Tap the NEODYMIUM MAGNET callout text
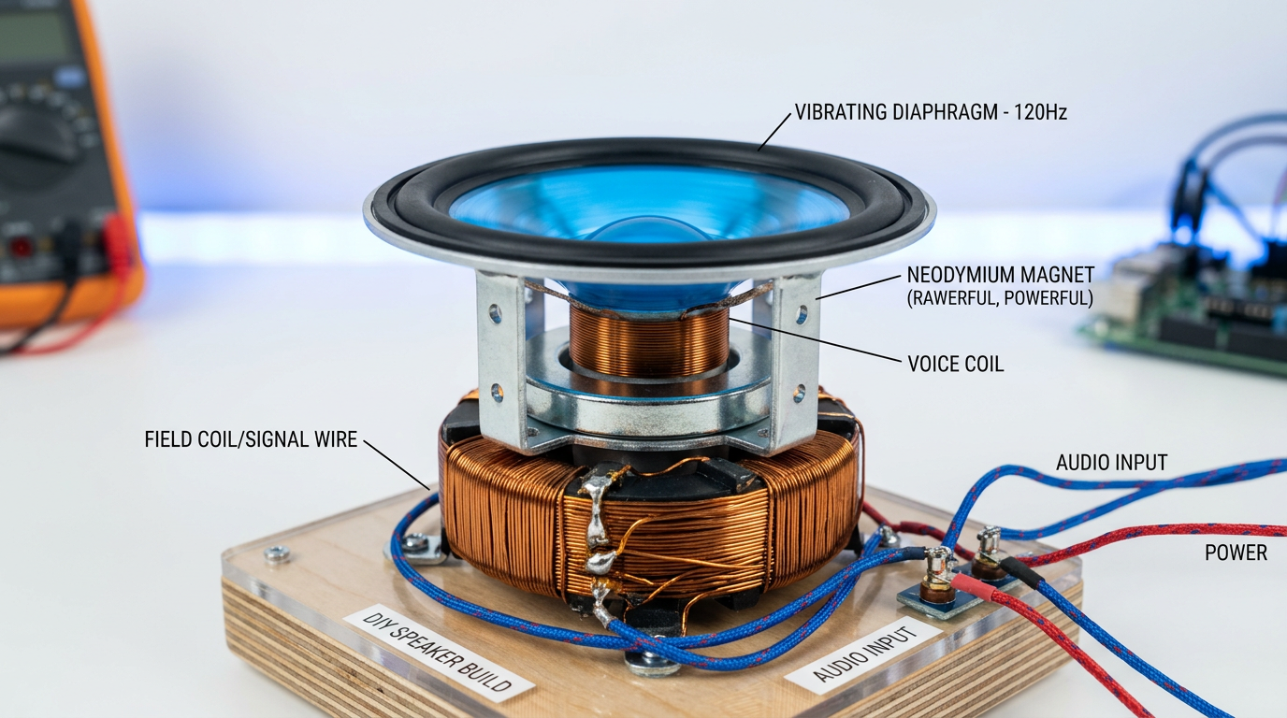click(1000, 276)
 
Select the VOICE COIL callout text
click(955, 364)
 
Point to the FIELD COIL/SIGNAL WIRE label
click(251, 438)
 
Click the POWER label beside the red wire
click(1236, 553)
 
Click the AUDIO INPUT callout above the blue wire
click(1111, 462)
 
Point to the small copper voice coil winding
click(648, 342)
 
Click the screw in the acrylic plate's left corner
click(276, 554)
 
